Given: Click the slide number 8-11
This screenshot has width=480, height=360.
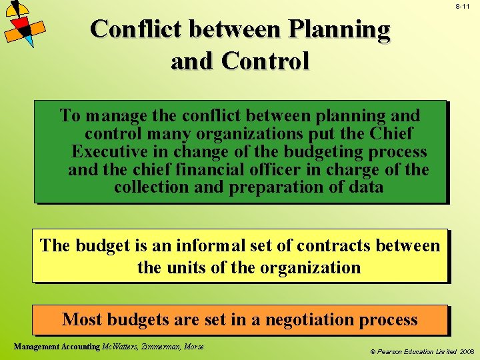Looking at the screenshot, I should tap(463, 6).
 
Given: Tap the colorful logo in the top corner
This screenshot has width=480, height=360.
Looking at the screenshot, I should tap(23, 23).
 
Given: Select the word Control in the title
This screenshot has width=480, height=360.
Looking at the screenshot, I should tap(266, 61).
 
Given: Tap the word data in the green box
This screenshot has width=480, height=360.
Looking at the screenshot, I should tap(366, 187).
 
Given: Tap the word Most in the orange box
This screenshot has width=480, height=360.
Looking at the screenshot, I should tap(82, 320).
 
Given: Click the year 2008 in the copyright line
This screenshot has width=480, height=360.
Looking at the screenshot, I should tap(465, 350).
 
